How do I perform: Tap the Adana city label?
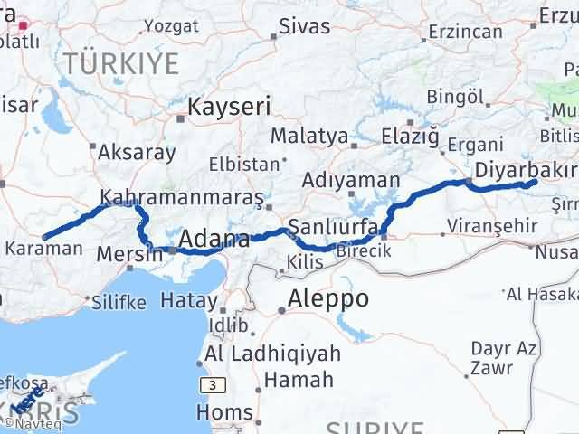click(x=214, y=240)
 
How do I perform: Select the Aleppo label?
click(x=328, y=299)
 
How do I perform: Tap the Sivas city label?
click(x=304, y=25)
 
